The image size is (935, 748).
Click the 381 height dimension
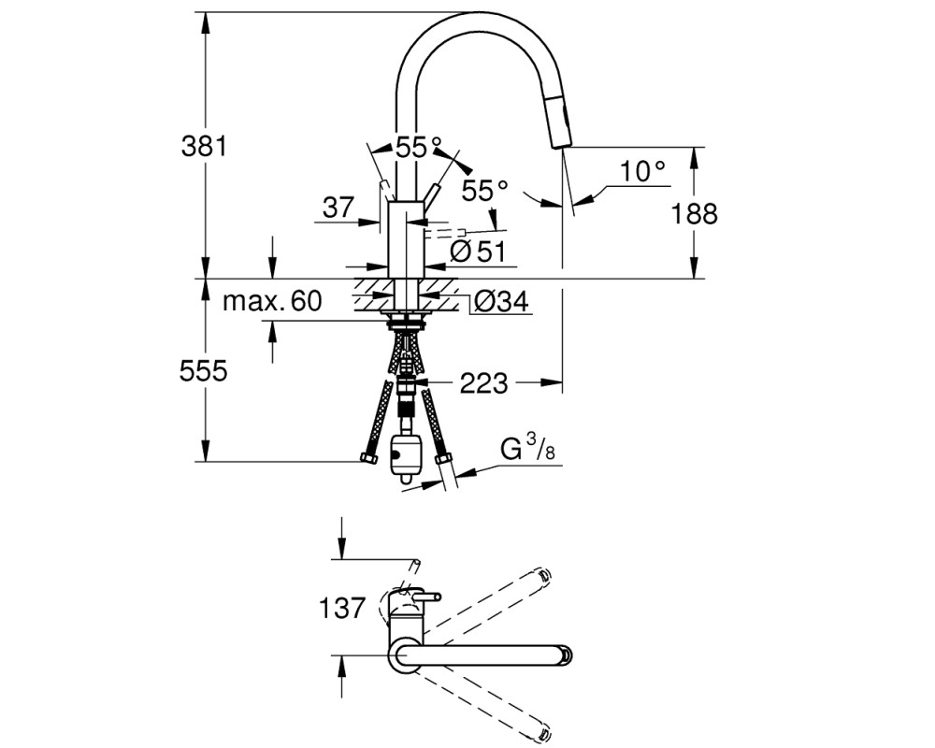coord(204,146)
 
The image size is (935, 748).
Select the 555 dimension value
coord(203,371)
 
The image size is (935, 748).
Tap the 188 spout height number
coord(694,213)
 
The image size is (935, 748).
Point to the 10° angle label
coord(642,172)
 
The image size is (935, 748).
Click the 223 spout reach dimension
coord(483,383)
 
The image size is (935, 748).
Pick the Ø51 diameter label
coord(478,252)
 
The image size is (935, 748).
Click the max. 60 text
coord(272,301)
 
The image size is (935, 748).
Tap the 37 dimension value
coord(338,209)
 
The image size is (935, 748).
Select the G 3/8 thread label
coord(527,449)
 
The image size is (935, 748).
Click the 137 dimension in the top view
coord(341,609)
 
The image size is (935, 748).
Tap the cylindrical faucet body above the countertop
coord(406,239)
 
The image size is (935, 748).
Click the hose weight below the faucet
coord(404,456)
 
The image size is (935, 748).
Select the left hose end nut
coord(369,458)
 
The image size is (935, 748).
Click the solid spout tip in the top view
coord(566,654)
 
